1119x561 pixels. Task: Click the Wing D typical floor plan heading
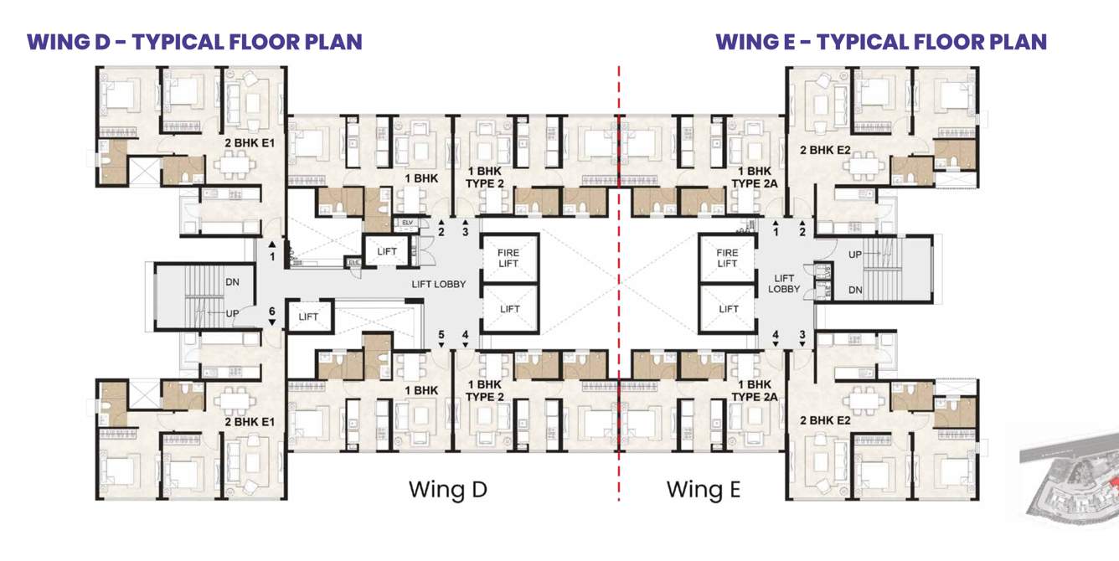pos(194,42)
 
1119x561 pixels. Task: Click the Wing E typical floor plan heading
pos(881,42)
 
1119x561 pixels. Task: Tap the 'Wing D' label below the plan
pos(447,489)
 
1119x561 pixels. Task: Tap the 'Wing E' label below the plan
pos(703,489)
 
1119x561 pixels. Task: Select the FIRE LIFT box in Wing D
pos(509,258)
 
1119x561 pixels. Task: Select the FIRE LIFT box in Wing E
pos(728,258)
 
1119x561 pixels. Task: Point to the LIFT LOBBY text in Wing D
pos(438,284)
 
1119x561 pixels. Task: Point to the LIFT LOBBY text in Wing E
pos(784,284)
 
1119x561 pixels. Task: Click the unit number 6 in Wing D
pos(271,312)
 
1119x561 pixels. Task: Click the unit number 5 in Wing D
pos(441,335)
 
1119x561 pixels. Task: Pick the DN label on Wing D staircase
pos(232,282)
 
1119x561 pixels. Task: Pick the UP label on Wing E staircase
pos(854,255)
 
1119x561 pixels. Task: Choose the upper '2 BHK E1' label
pos(250,143)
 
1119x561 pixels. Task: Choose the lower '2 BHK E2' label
pos(825,420)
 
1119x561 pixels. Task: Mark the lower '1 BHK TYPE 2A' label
pos(750,390)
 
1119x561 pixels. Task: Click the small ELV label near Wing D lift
pos(407,223)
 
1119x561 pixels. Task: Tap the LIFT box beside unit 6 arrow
pos(309,317)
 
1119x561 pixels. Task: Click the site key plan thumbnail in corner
pos(1070,481)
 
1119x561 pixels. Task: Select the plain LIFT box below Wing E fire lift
pos(729,309)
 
